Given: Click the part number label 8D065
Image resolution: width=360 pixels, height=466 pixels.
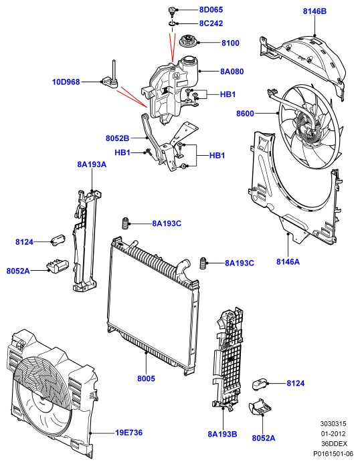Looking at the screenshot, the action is [211, 10].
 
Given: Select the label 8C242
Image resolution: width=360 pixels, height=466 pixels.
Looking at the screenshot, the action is [211, 23].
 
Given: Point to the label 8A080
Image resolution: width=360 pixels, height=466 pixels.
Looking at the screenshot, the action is [232, 72].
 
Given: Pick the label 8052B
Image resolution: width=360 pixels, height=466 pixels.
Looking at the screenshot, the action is [118, 138].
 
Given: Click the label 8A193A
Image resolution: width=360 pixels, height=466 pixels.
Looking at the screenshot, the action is [92, 164].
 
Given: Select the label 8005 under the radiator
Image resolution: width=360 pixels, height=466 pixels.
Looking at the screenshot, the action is [146, 378].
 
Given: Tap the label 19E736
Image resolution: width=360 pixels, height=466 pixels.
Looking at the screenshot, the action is [129, 433].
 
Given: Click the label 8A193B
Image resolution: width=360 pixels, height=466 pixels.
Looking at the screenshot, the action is [223, 434].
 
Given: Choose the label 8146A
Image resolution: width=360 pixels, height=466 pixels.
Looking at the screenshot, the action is [288, 261].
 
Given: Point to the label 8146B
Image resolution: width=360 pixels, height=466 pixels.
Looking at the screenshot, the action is [314, 11].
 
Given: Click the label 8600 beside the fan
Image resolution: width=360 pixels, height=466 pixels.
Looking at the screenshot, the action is [245, 114].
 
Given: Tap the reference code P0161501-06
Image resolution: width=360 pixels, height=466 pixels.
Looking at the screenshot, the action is [333, 453].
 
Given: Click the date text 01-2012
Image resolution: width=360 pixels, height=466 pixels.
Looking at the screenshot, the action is [333, 434].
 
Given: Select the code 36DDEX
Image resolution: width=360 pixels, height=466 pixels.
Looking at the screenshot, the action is [334, 444].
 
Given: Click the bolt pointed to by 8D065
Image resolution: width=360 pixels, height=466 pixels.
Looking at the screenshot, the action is [172, 11].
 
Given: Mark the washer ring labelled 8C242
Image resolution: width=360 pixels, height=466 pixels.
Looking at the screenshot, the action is [172, 23].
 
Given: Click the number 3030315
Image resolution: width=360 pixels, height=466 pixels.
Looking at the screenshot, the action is [333, 423].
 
